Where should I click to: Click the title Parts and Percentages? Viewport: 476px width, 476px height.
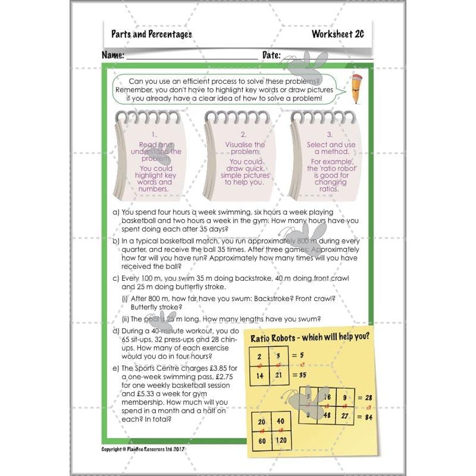click(x=151, y=34)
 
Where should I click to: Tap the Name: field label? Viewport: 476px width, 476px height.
click(x=113, y=55)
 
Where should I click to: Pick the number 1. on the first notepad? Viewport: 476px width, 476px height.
click(x=154, y=134)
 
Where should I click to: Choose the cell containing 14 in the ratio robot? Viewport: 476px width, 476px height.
click(x=259, y=376)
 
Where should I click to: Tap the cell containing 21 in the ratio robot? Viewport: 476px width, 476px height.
click(x=278, y=376)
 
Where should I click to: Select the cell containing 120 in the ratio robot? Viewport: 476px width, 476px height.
click(x=283, y=441)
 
